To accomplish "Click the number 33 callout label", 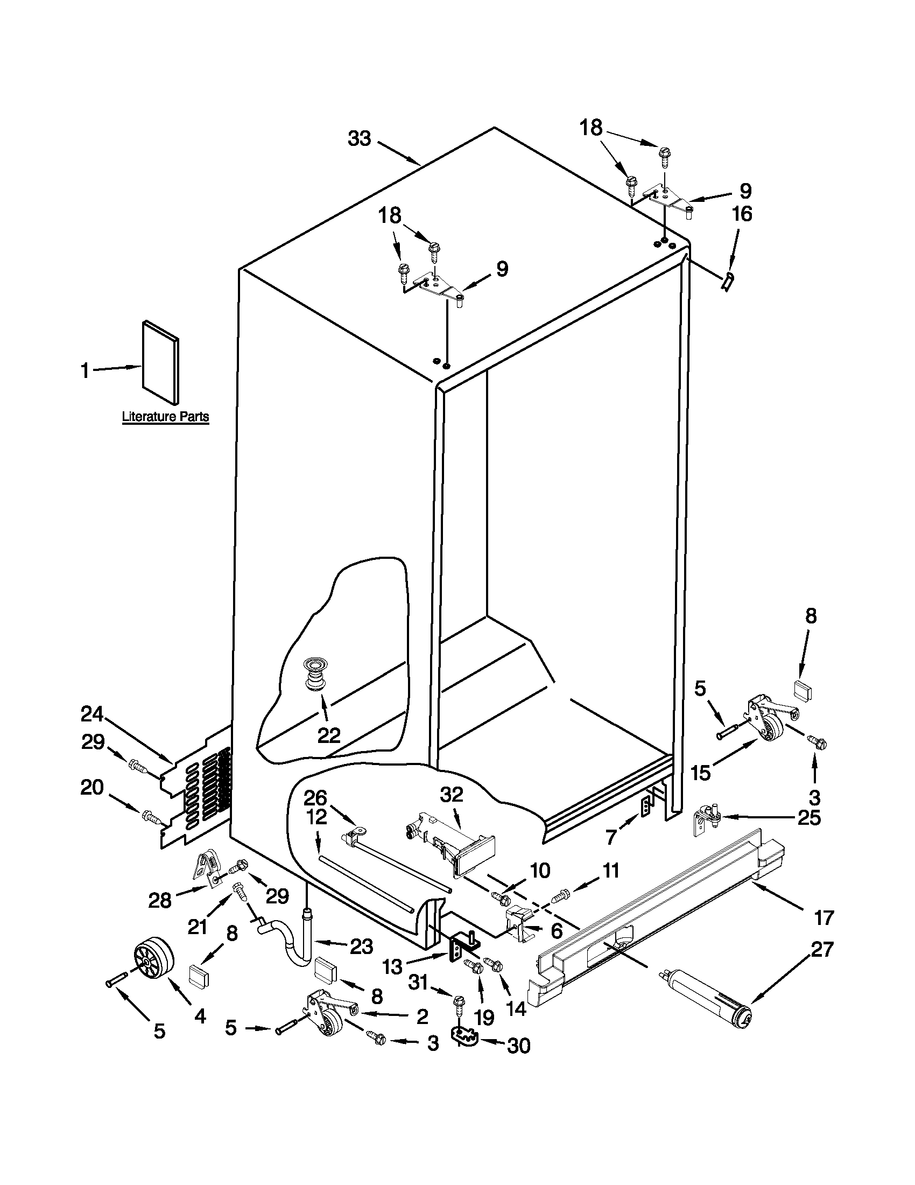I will [359, 139].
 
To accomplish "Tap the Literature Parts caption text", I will [165, 417].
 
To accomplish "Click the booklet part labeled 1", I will [160, 362].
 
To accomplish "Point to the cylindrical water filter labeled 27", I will [706, 997].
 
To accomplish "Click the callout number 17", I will [823, 917].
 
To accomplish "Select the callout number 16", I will [742, 214].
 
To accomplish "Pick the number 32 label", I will [452, 795].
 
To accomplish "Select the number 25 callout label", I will [808, 818].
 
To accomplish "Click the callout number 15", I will [701, 773].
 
